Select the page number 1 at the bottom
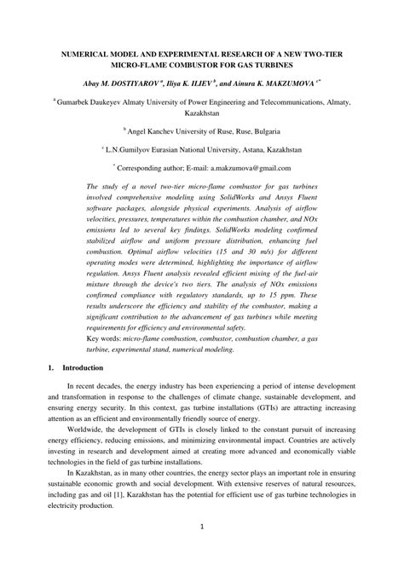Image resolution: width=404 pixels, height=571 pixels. [x=202, y=550]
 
